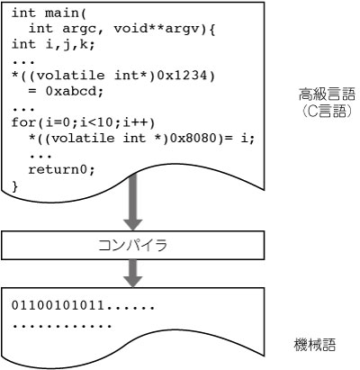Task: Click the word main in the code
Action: click(x=62, y=14)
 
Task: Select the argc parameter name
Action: click(x=79, y=29)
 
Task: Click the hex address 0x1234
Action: click(x=182, y=76)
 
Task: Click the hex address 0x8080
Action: click(x=195, y=138)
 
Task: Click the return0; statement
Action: click(x=62, y=170)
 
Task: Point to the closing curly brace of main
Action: click(x=15, y=185)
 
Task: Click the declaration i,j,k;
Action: click(x=70, y=45)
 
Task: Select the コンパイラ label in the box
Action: click(x=132, y=245)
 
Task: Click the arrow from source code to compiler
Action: click(x=133, y=202)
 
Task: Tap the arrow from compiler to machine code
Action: click(x=133, y=273)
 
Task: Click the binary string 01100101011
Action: click(x=58, y=305)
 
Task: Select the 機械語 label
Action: click(x=315, y=345)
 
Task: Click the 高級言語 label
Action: click(x=327, y=94)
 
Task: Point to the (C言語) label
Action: click(x=327, y=112)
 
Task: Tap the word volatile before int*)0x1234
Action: click(x=71, y=76)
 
